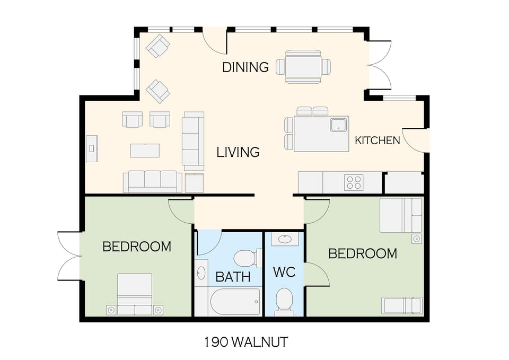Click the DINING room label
[x=245, y=67]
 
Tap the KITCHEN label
[x=377, y=141]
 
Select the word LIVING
[x=238, y=152]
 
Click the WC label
[x=284, y=273]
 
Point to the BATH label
[x=229, y=277]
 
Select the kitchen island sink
[x=338, y=125]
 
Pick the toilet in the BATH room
[x=246, y=258]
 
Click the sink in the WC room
[x=284, y=239]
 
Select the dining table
[x=303, y=67]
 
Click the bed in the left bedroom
[x=135, y=294]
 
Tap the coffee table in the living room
[x=145, y=151]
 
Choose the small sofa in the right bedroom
[x=401, y=305]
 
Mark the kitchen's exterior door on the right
[x=415, y=141]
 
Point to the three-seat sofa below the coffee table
[x=153, y=181]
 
